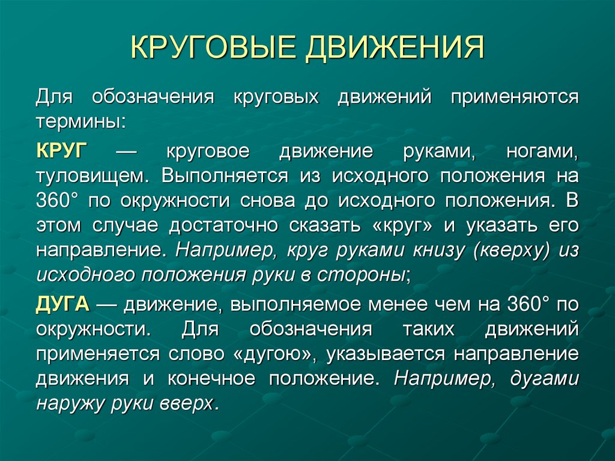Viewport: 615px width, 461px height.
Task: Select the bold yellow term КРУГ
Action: click(62, 150)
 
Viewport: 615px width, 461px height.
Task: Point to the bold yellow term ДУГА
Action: click(62, 304)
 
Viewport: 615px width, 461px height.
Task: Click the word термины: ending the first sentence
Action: click(81, 120)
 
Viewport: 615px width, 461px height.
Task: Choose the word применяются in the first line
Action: click(514, 97)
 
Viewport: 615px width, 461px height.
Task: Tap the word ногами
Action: click(542, 151)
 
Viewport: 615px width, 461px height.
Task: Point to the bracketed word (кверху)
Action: click(511, 251)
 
